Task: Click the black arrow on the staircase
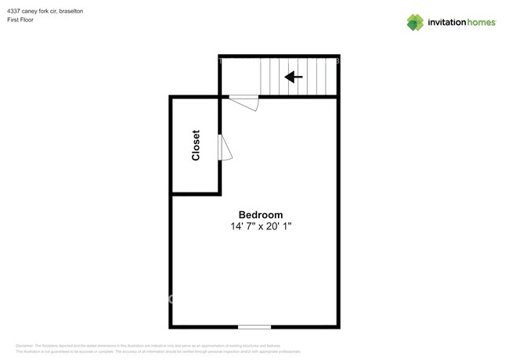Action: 294,77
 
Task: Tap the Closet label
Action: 196,145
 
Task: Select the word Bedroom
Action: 261,214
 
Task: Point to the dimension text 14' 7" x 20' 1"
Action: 261,226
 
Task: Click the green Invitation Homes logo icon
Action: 414,22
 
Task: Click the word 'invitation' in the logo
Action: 446,23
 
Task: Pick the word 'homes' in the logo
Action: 482,23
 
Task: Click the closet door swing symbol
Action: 224,147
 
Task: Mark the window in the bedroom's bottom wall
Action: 254,326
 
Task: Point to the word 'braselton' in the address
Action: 71,11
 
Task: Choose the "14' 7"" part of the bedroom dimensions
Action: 240,226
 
